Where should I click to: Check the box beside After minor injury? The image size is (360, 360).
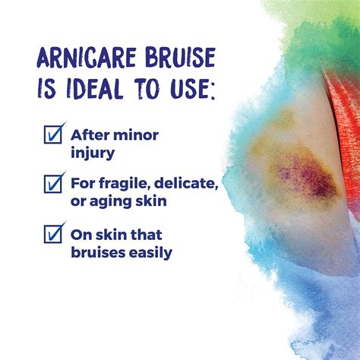[53, 134]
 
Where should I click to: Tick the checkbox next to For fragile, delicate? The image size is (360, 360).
[53, 182]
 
